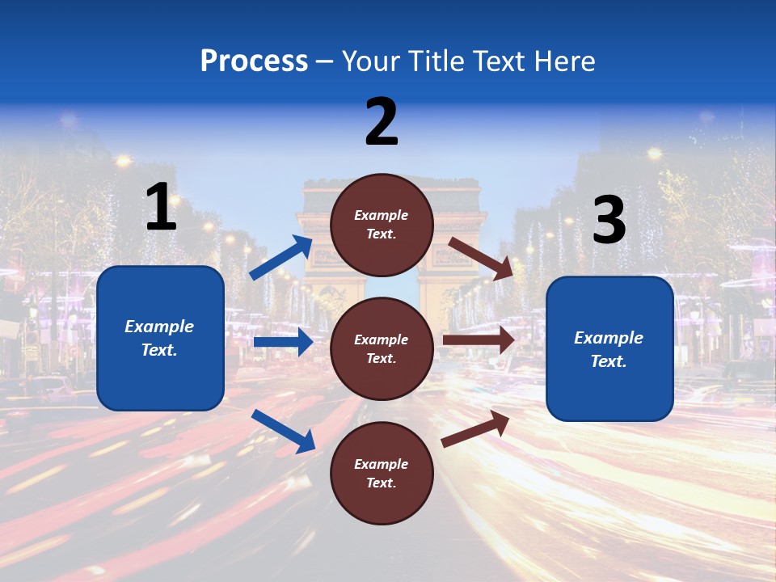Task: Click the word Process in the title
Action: pos(254,61)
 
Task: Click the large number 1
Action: pos(161,208)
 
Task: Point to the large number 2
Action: pos(382,122)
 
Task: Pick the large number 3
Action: pos(609,221)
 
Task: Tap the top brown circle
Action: pos(382,225)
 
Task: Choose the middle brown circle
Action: pos(382,348)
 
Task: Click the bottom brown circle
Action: pos(382,473)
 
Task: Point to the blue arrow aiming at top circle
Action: pos(281,258)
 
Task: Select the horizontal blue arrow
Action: pos(283,342)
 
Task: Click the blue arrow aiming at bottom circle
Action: pos(283,431)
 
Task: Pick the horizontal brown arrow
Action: pos(479,340)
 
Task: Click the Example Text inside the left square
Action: pos(159,338)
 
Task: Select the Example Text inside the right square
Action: pos(609,349)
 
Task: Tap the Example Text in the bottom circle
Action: pos(382,473)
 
